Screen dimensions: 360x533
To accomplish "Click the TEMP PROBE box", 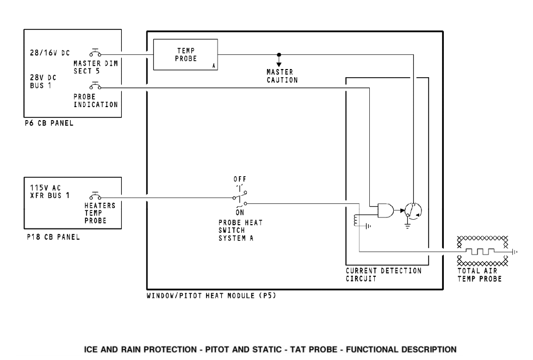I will click(185, 54).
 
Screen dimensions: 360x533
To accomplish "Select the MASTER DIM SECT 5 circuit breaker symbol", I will click(96, 53).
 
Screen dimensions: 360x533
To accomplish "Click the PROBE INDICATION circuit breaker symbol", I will click(96, 86).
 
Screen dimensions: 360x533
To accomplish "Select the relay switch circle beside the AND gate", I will click(412, 210).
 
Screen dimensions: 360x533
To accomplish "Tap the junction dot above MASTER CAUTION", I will click(279, 54).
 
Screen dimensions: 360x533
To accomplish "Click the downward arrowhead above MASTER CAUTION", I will click(279, 64).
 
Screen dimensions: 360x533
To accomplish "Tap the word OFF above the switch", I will click(239, 179).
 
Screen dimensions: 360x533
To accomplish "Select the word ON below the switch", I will click(240, 213).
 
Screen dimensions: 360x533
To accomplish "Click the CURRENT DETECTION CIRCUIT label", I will click(383, 275).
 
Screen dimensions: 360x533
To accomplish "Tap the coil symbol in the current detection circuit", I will click(356, 220).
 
